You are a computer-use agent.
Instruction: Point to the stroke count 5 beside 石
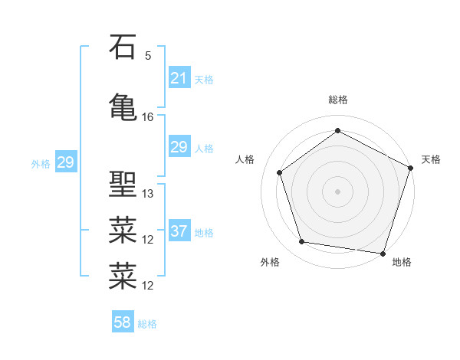point(148,56)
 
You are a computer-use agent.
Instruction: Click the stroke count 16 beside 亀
point(148,117)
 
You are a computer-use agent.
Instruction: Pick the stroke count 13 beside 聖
point(148,194)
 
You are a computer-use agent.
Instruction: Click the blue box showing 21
point(179,78)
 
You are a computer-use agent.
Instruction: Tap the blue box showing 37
point(179,231)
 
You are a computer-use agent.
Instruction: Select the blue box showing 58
point(123,322)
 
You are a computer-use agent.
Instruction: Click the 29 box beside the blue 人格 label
point(179,147)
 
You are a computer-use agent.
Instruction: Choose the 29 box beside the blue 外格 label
point(65,162)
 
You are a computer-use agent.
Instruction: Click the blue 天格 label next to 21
point(204,79)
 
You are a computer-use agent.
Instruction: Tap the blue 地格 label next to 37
point(204,232)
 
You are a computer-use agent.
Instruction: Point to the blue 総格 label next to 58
point(147,323)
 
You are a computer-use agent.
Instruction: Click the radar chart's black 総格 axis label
point(337,100)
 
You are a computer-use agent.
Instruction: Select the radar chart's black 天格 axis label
point(431,159)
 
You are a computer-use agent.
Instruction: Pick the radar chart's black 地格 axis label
point(402,262)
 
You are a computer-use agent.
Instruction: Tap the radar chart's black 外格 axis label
point(270,262)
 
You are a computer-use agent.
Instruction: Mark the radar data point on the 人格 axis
point(280,172)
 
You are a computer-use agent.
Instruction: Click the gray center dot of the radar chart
point(337,191)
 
